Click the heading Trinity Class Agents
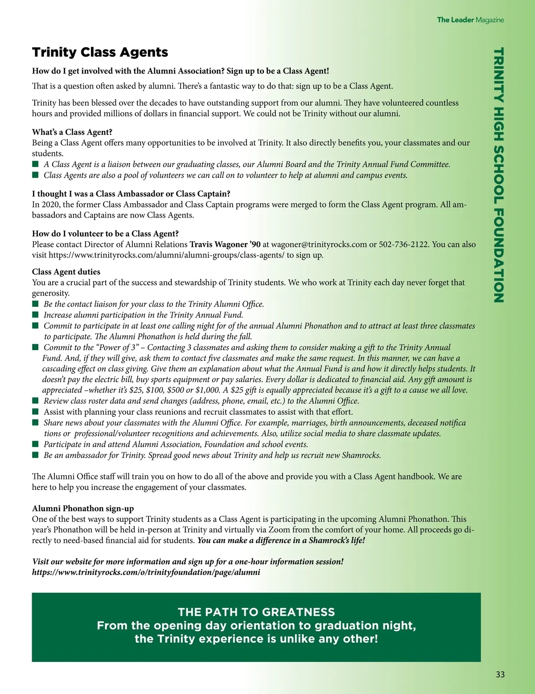tap(100, 53)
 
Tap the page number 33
tap(500, 674)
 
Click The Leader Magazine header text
tap(470, 20)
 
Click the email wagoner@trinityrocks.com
tap(319, 245)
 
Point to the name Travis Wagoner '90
tap(225, 245)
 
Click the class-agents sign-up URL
tap(166, 255)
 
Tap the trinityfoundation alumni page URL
tap(146, 572)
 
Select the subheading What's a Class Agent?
tap(72, 132)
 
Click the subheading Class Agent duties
tap(66, 272)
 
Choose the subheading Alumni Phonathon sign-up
tap(83, 509)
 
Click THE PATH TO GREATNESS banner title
tap(256, 612)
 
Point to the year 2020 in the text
tap(50, 205)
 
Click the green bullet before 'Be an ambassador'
tap(36, 455)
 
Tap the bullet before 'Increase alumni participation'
tap(36, 315)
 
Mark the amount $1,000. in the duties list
tap(208, 390)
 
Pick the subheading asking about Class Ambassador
tap(131, 194)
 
